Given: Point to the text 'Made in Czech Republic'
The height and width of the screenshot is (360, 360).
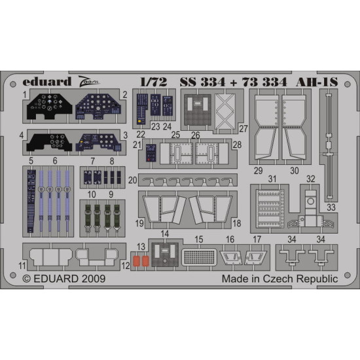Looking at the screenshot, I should point(289,278).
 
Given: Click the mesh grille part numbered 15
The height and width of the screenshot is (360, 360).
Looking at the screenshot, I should point(199,255).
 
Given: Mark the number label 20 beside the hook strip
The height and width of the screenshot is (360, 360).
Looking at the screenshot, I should point(133,180).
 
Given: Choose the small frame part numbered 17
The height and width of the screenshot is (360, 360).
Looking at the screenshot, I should point(257,257).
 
